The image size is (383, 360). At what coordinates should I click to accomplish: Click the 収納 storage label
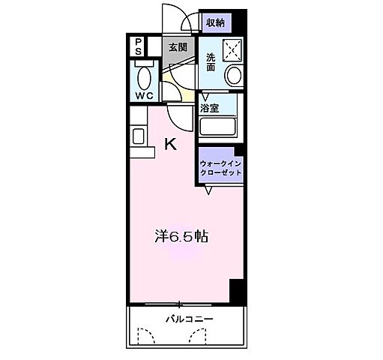coord(215,22)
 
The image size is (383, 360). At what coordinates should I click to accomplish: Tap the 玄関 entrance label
coord(177,46)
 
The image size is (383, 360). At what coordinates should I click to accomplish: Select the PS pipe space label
coord(139,46)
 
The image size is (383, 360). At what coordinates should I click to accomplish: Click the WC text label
coord(144,96)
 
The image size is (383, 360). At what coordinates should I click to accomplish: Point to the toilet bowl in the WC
coord(144,76)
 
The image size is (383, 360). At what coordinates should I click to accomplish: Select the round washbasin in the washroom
coord(234,75)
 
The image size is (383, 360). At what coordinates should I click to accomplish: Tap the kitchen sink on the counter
coord(139,136)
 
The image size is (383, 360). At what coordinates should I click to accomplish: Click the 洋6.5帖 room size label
coord(181,237)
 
